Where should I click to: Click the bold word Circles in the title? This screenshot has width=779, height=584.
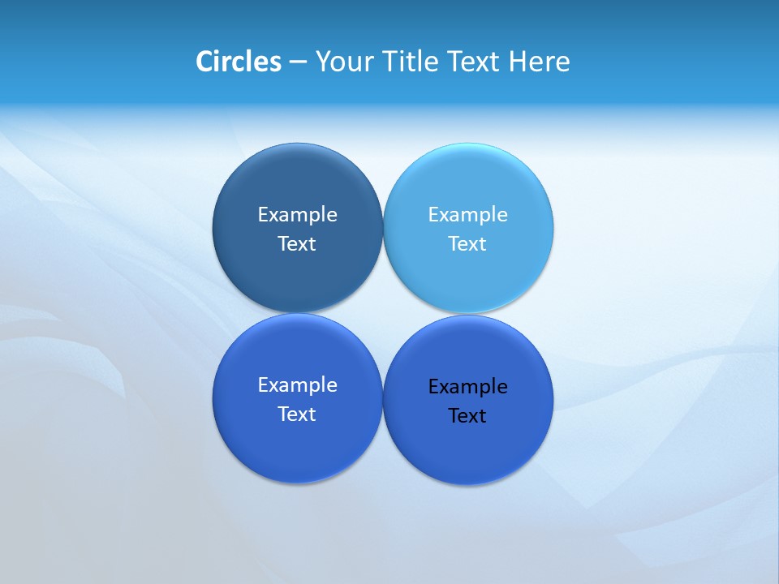tap(239, 62)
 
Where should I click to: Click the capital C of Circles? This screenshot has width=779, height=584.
tap(204, 62)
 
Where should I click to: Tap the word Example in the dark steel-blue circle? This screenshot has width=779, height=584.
tap(297, 215)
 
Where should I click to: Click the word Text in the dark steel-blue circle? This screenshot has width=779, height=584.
tap(297, 244)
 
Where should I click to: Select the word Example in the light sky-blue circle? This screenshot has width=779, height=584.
tap(467, 215)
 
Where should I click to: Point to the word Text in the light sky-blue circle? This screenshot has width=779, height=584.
tap(467, 244)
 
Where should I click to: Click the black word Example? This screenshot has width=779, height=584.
tap(467, 387)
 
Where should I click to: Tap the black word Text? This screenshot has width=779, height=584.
tap(467, 416)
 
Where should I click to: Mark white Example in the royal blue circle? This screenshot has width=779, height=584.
tap(297, 385)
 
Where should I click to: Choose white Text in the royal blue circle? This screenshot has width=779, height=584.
tap(297, 414)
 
